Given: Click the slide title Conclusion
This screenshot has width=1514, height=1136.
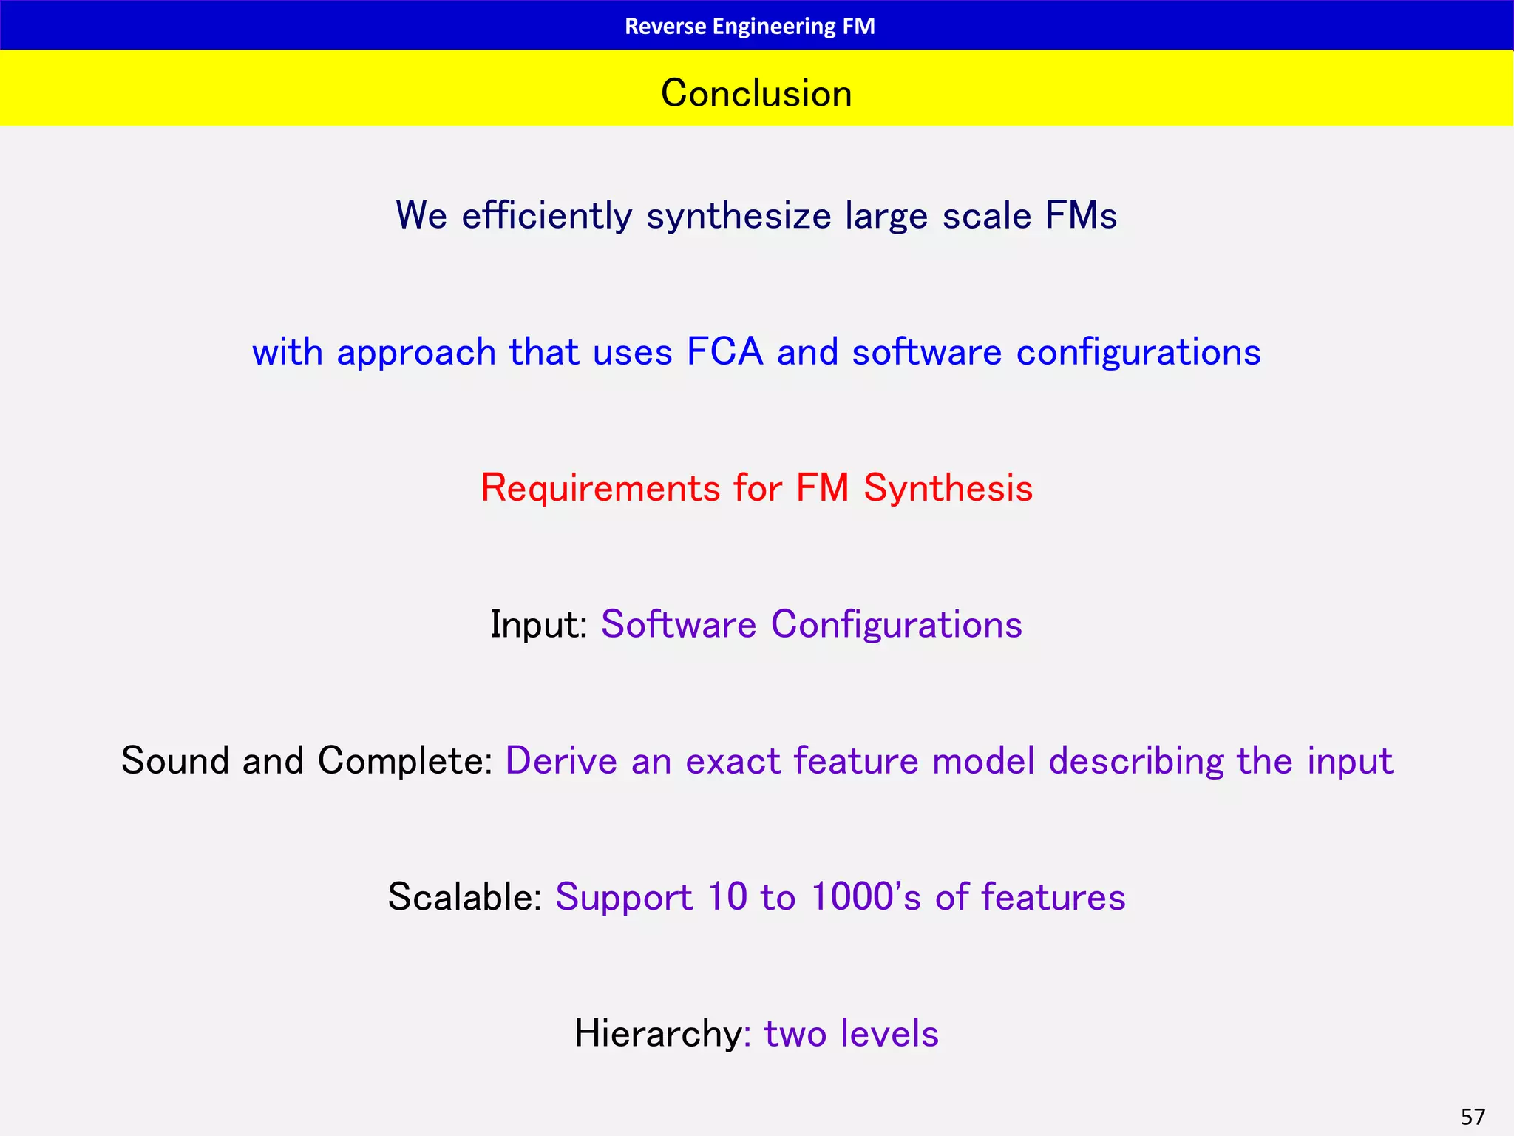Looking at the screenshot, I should pos(756,93).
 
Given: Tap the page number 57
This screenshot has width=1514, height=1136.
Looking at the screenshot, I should pos(1473,1116).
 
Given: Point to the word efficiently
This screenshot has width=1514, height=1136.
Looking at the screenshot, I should pos(547,216).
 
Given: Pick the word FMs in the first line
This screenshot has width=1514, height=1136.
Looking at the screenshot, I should pos(1081,216).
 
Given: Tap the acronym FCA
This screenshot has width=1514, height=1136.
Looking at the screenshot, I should pos(724,352).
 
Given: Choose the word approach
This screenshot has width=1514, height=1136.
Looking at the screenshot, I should pos(416,352).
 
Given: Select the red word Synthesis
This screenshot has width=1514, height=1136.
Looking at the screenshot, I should pos(948,489).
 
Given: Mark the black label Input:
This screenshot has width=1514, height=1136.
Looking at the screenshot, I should pos(539,625).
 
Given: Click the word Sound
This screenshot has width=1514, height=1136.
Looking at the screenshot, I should pos(175,761).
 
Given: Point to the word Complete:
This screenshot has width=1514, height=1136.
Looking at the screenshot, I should pos(405,761).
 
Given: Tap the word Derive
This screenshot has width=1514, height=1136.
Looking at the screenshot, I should pos(561,761).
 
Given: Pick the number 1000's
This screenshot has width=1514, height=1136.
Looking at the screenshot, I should pos(866,897).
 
